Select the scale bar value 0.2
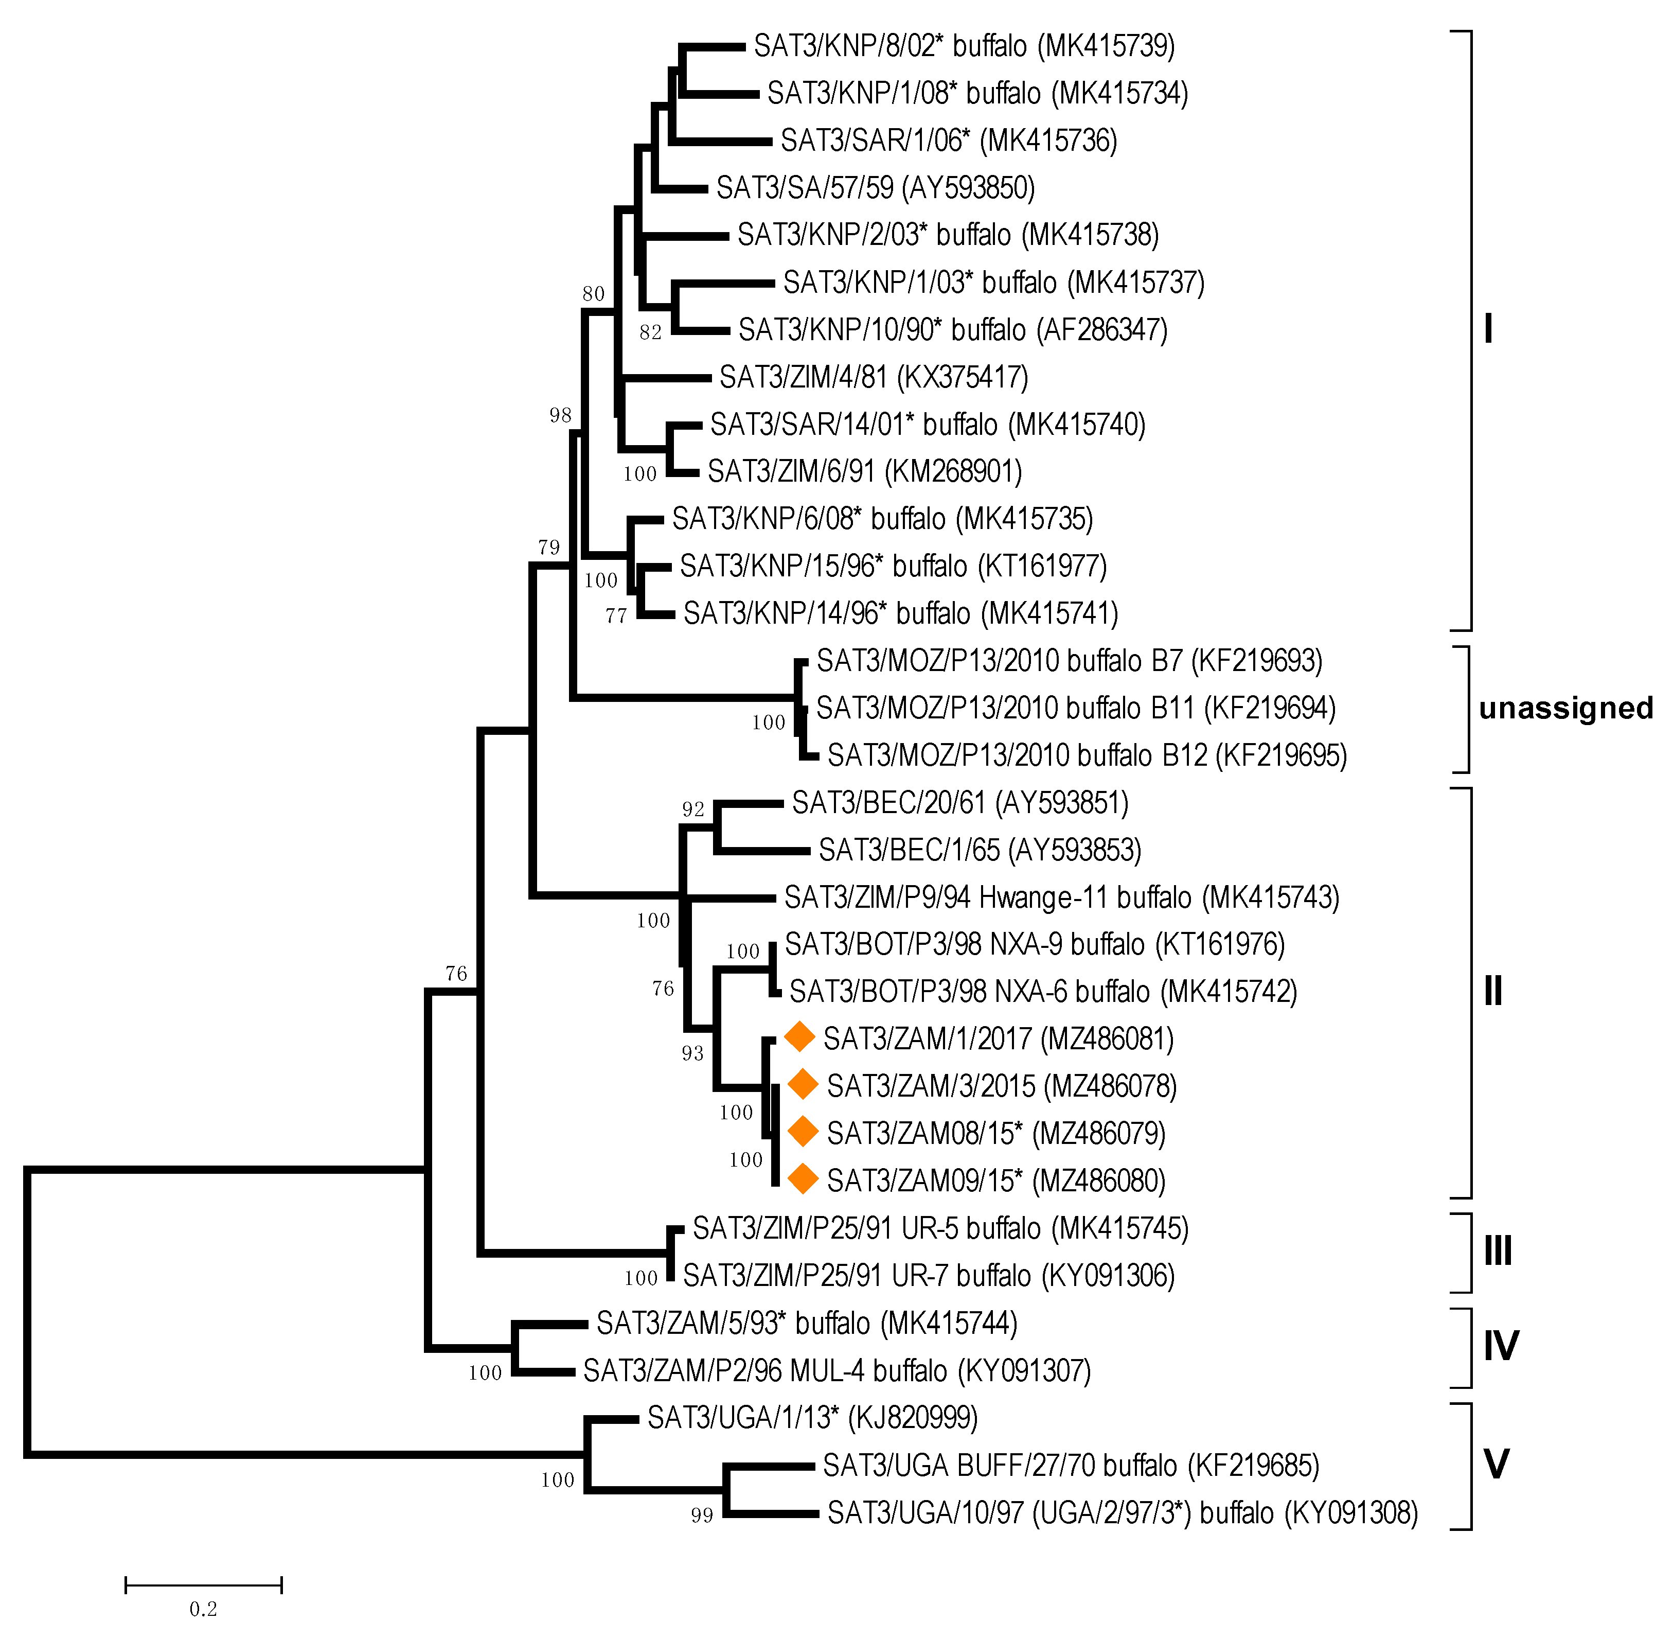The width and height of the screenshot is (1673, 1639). pyautogui.click(x=203, y=1609)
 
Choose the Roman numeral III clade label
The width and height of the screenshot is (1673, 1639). pyautogui.click(x=1498, y=1251)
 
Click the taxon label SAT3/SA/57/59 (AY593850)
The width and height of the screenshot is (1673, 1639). pyautogui.click(x=875, y=188)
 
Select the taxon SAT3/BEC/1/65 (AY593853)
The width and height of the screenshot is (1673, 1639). pyautogui.click(x=980, y=851)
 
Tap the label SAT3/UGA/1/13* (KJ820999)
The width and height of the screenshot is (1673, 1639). pyautogui.click(x=812, y=1418)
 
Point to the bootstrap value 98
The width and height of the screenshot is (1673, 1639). pyautogui.click(x=560, y=416)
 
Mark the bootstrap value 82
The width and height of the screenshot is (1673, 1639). pyautogui.click(x=651, y=332)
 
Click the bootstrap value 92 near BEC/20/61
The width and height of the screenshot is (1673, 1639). pyautogui.click(x=693, y=809)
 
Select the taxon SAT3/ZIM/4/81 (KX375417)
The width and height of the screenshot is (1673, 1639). pyautogui.click(x=874, y=377)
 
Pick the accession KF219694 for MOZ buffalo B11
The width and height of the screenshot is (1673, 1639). pyautogui.click(x=1269, y=709)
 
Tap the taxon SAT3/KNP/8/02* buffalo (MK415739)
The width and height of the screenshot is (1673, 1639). pyautogui.click(x=964, y=46)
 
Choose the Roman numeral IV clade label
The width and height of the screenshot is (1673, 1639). pyautogui.click(x=1501, y=1346)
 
